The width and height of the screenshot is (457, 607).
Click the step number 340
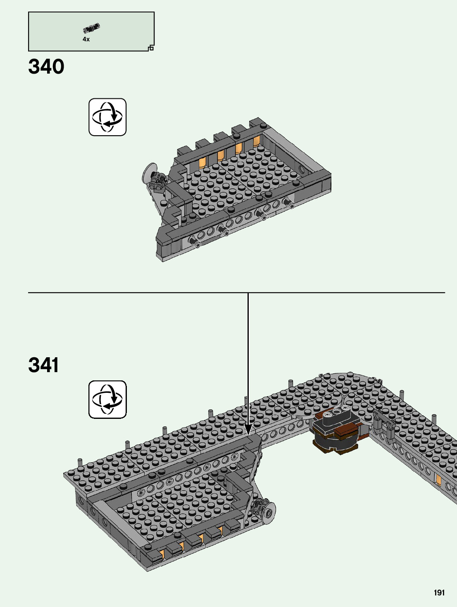pyautogui.click(x=46, y=67)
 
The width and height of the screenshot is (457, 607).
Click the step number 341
pyautogui.click(x=43, y=365)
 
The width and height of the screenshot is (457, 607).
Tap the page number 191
pyautogui.click(x=439, y=593)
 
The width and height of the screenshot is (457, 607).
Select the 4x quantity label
pyautogui.click(x=86, y=39)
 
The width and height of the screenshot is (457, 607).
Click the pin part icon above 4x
pyautogui.click(x=91, y=28)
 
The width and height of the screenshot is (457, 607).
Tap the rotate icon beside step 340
pyautogui.click(x=107, y=117)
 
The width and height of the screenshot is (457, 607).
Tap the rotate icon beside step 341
pyautogui.click(x=107, y=399)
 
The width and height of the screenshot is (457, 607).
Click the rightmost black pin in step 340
pyautogui.click(x=288, y=202)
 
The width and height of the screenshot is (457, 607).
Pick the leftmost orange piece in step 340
pyautogui.click(x=202, y=163)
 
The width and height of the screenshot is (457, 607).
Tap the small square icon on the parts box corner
pyautogui.click(x=151, y=48)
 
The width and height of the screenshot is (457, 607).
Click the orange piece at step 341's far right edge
pyautogui.click(x=438, y=480)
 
